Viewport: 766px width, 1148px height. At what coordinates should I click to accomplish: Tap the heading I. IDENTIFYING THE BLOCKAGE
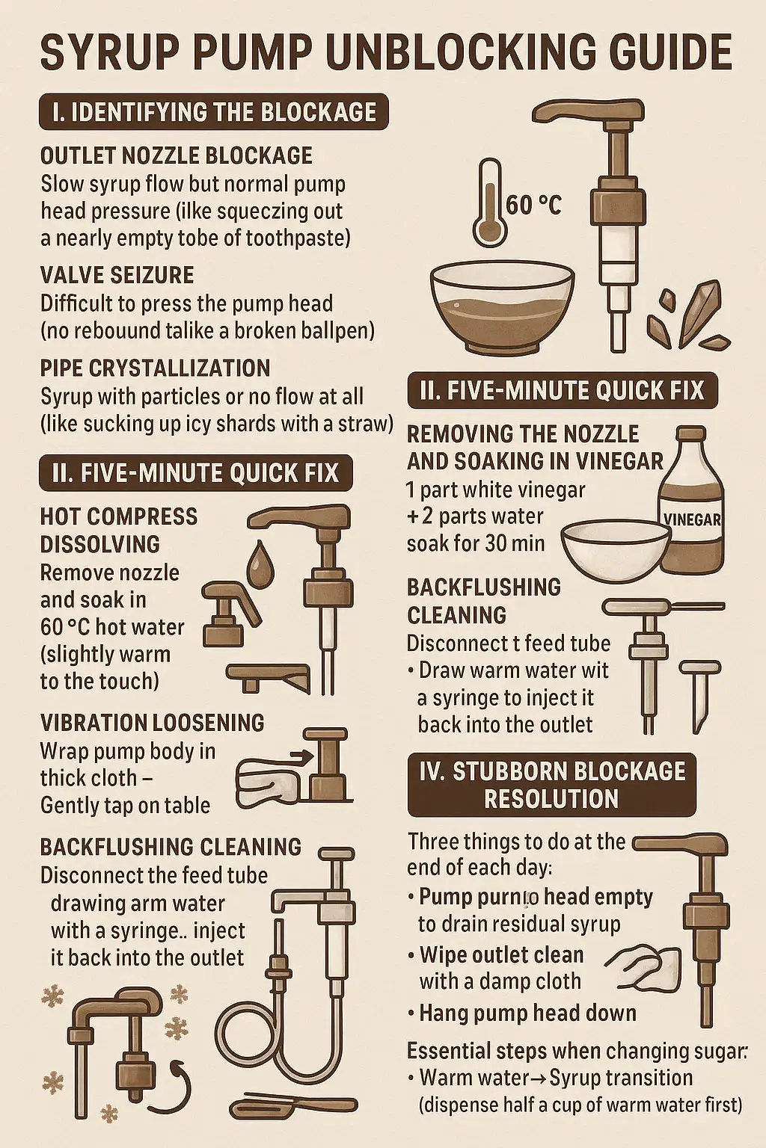coord(214,111)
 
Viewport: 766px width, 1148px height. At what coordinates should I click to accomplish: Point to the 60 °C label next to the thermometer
coord(533,206)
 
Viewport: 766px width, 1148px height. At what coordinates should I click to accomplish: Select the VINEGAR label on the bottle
coord(693,519)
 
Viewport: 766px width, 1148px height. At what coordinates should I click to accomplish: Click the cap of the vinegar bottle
coord(693,436)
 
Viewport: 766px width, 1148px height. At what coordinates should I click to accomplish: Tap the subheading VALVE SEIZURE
coord(117,275)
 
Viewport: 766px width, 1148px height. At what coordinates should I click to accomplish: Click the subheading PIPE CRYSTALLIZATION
coord(155,368)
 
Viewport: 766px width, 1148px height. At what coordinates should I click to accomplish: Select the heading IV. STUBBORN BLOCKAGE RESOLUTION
coord(552,785)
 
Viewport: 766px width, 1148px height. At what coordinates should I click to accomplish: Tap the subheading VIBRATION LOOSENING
coord(152,723)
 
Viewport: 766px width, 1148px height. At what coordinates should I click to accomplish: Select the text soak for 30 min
coord(476,543)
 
